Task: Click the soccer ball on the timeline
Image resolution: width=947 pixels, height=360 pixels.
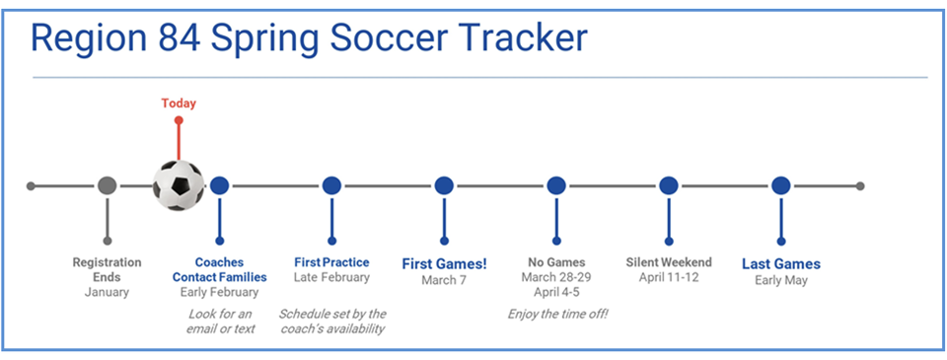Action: click(x=179, y=185)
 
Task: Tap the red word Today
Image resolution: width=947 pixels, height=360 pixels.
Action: click(x=179, y=103)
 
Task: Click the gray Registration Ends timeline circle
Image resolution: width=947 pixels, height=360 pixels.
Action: click(x=108, y=185)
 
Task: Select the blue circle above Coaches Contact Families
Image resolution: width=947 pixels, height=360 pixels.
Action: click(x=219, y=185)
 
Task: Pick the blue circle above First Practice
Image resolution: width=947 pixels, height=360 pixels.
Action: click(x=331, y=185)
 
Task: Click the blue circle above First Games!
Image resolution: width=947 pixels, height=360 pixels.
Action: click(x=444, y=185)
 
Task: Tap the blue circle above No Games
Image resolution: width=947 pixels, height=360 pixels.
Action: click(x=556, y=185)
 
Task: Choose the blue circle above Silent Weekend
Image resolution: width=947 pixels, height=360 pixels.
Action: click(x=669, y=185)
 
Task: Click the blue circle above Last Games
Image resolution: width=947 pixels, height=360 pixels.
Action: click(x=781, y=185)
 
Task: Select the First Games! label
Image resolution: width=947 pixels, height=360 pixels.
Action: click(x=444, y=263)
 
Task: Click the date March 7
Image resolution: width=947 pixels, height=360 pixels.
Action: click(x=444, y=280)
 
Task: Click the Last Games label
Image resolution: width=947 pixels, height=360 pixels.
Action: click(x=781, y=263)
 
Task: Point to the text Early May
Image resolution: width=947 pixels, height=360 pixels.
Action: click(x=781, y=280)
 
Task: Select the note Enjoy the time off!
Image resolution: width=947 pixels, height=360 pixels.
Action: click(x=556, y=314)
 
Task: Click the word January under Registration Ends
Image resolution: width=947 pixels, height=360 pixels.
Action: click(x=107, y=292)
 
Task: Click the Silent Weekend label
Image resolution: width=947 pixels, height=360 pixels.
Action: click(x=669, y=262)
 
